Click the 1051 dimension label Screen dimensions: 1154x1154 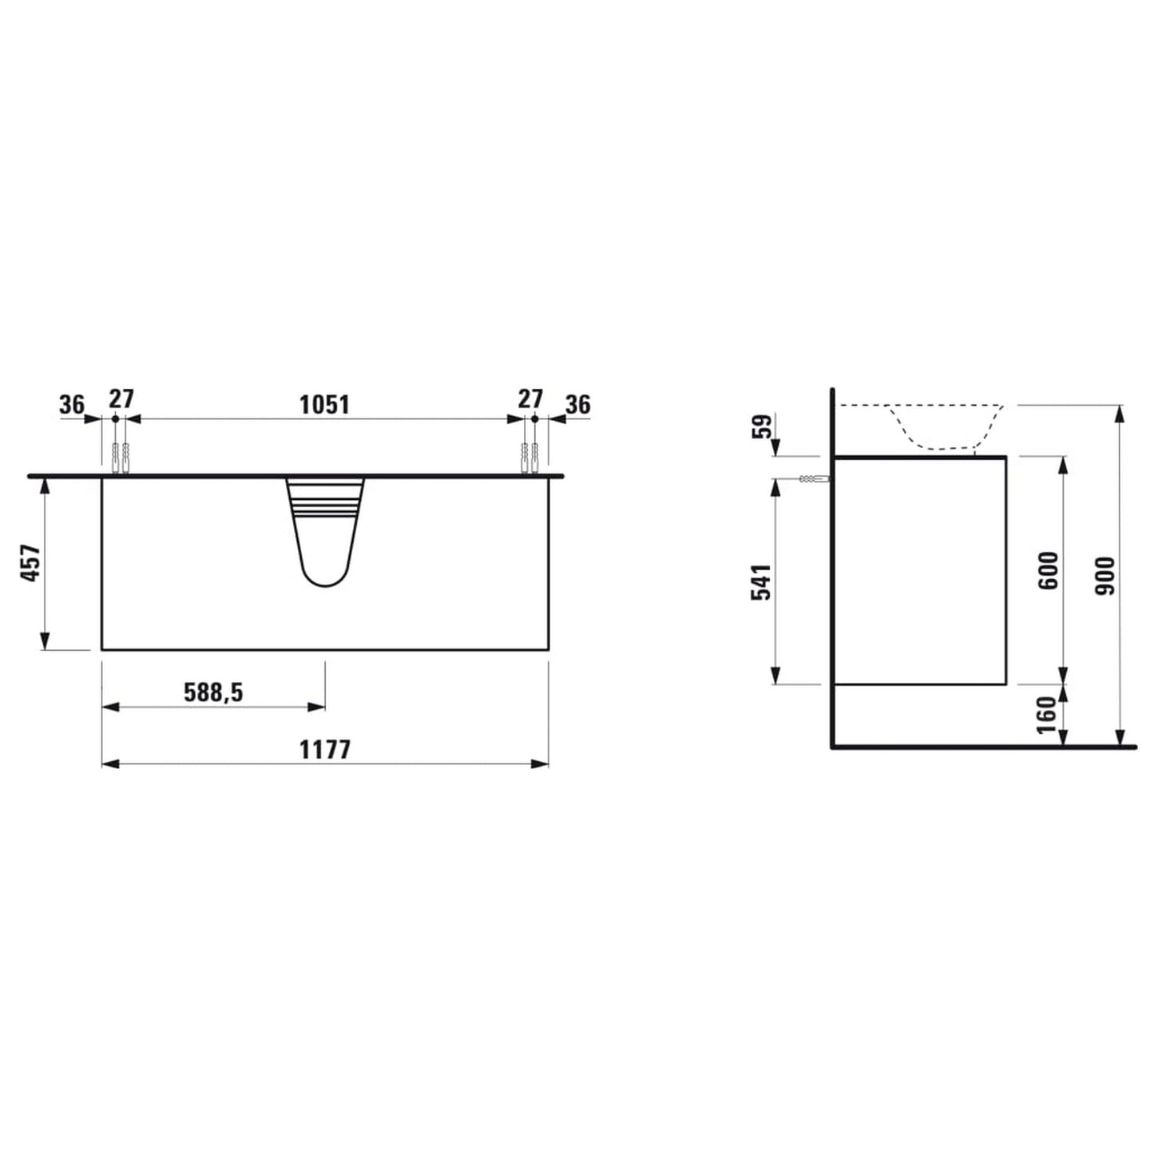(324, 405)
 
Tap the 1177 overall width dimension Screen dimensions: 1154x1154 (324, 750)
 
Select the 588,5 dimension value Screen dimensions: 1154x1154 (213, 692)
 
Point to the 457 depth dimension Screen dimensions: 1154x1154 (30, 562)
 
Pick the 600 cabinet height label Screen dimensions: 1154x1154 (1049, 570)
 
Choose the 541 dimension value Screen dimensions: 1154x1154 (761, 581)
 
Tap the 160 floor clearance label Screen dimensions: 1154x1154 (1046, 716)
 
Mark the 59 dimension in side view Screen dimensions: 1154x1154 (764, 426)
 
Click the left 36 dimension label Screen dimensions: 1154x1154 (71, 406)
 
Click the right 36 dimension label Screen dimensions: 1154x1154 (577, 405)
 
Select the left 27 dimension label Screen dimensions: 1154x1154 (121, 399)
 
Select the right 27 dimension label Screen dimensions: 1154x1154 (529, 399)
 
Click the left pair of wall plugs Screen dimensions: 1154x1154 (121, 458)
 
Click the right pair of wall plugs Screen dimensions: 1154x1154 (531, 458)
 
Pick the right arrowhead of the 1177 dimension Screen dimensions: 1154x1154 (541, 763)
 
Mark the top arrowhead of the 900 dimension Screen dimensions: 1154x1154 (1120, 413)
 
